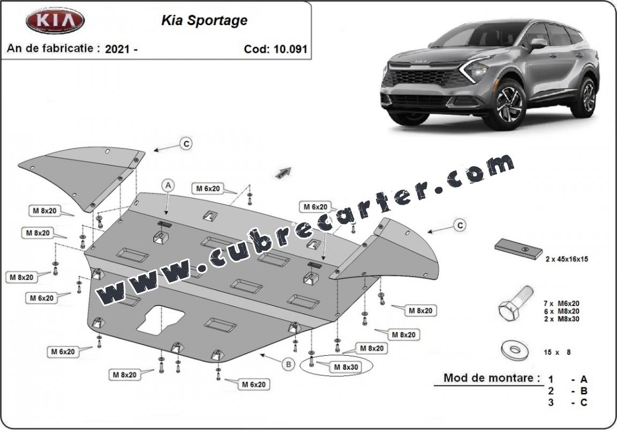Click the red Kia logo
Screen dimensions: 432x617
pos(55,21)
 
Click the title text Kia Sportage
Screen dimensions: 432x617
pos(204,20)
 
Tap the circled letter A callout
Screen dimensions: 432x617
pos(169,185)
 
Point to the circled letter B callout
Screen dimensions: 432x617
pos(289,364)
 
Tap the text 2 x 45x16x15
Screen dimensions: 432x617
pos(567,259)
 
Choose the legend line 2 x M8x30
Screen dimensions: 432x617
pos(561,319)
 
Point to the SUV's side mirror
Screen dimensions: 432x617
pos(537,43)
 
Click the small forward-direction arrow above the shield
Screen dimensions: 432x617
pos(282,172)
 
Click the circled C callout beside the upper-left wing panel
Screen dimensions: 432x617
pos(185,144)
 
